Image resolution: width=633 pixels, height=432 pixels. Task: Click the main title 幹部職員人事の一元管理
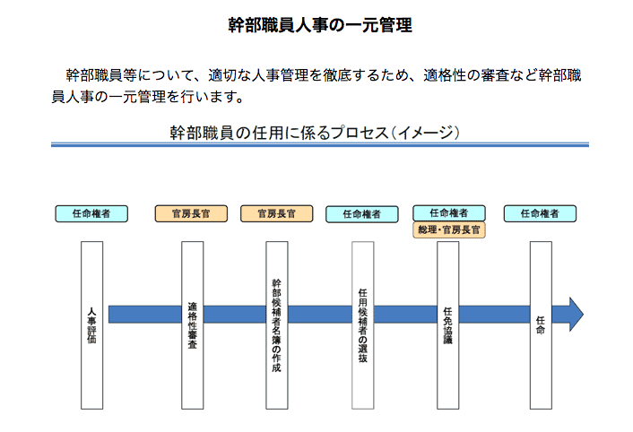point(320,25)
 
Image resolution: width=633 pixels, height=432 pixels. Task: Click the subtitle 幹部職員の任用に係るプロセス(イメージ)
point(315,133)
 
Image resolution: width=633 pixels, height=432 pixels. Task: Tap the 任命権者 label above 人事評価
point(91,214)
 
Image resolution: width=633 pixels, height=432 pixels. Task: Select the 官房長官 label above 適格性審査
point(191,214)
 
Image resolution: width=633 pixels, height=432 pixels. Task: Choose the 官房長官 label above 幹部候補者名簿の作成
point(276,214)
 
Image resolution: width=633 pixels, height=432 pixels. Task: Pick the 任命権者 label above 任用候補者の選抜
point(362,214)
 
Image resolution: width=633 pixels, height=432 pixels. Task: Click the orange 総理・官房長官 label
point(449,230)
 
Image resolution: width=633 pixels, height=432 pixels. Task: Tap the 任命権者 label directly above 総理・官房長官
point(449,213)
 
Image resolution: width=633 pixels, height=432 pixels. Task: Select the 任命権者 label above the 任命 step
point(540,214)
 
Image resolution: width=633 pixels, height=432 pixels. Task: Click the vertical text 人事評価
point(92,325)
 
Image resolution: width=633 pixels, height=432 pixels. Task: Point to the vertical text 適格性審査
point(193,325)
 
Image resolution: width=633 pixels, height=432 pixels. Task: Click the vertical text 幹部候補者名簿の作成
point(276,325)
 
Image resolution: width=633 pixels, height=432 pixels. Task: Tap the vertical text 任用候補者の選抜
point(363,325)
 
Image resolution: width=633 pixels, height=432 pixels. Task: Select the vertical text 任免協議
point(448,325)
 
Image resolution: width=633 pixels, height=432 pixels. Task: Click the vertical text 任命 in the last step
point(541,325)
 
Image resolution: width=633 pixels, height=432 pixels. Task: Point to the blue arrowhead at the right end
point(577,315)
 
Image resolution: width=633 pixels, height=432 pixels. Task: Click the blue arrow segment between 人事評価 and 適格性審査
point(145,315)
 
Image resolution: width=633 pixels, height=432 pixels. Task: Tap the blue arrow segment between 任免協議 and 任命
point(495,315)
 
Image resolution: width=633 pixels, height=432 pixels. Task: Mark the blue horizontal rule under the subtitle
point(320,144)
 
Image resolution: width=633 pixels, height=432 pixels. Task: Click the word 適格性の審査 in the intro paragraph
point(451,75)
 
